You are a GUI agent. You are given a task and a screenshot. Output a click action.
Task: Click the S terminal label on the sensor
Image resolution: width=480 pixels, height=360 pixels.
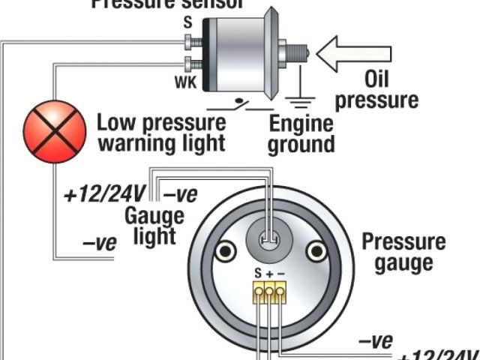click(187, 24)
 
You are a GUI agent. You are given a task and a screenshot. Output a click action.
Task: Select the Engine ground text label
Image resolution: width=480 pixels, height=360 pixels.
click(301, 133)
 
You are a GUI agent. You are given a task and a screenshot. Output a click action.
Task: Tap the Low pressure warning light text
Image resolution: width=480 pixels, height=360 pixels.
click(161, 131)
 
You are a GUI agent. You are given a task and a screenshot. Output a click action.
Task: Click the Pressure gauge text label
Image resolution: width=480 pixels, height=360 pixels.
click(404, 253)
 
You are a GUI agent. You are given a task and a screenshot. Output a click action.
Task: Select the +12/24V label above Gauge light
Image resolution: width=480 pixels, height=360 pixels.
click(106, 195)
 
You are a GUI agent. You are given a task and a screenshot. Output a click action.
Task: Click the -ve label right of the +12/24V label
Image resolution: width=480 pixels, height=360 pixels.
click(180, 195)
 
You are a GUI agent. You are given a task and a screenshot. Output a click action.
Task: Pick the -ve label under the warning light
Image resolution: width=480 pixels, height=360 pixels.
click(97, 242)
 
